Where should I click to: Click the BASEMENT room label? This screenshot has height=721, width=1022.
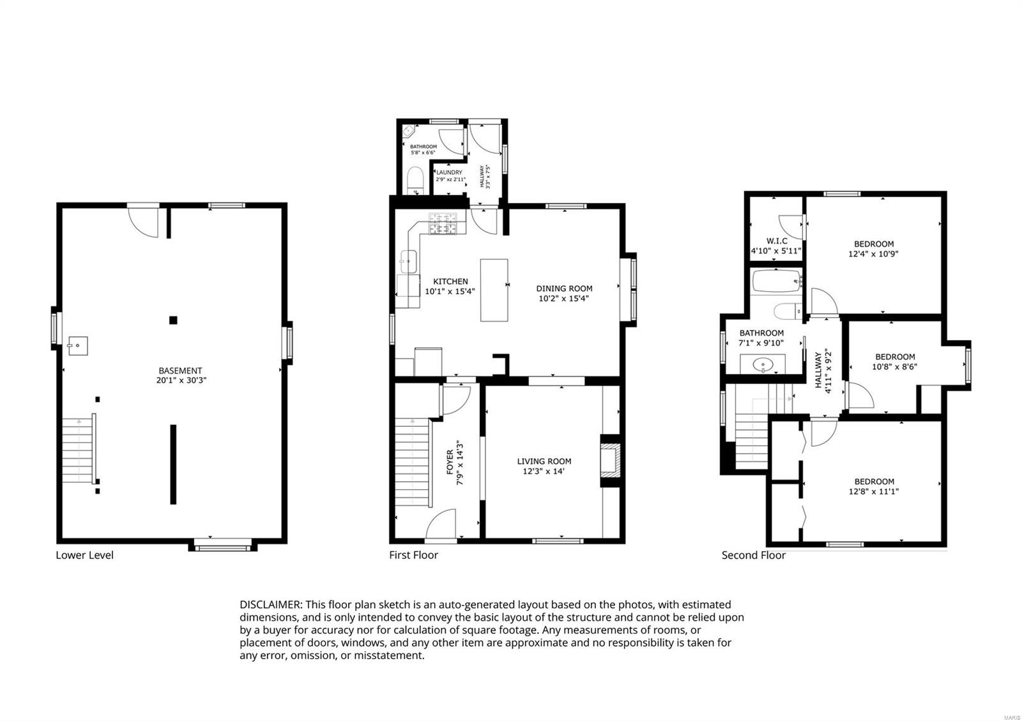[180, 371]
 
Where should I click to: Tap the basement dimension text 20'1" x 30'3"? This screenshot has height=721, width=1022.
[181, 380]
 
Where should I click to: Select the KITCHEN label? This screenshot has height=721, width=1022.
[450, 281]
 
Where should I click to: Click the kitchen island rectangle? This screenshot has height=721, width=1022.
[494, 290]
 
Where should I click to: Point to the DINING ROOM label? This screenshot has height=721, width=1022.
[564, 288]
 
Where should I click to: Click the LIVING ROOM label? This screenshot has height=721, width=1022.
[544, 461]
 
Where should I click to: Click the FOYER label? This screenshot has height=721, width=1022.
[450, 462]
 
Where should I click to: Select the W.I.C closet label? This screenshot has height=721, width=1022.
[777, 241]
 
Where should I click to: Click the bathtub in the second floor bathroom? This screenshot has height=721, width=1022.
[777, 281]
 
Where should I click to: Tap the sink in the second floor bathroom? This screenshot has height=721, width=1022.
[763, 364]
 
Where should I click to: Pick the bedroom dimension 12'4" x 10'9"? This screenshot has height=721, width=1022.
[873, 254]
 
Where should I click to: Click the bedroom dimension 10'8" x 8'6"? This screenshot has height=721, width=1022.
[895, 366]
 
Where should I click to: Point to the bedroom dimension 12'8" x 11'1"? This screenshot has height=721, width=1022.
[874, 491]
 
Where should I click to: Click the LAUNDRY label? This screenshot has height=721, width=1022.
[450, 172]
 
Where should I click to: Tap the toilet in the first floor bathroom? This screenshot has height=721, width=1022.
[415, 179]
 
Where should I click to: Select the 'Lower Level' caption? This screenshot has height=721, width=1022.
[84, 555]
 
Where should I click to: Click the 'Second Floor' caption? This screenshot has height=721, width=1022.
[754, 555]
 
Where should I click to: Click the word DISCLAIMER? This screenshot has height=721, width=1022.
[271, 605]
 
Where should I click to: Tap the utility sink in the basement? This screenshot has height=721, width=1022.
[78, 346]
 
